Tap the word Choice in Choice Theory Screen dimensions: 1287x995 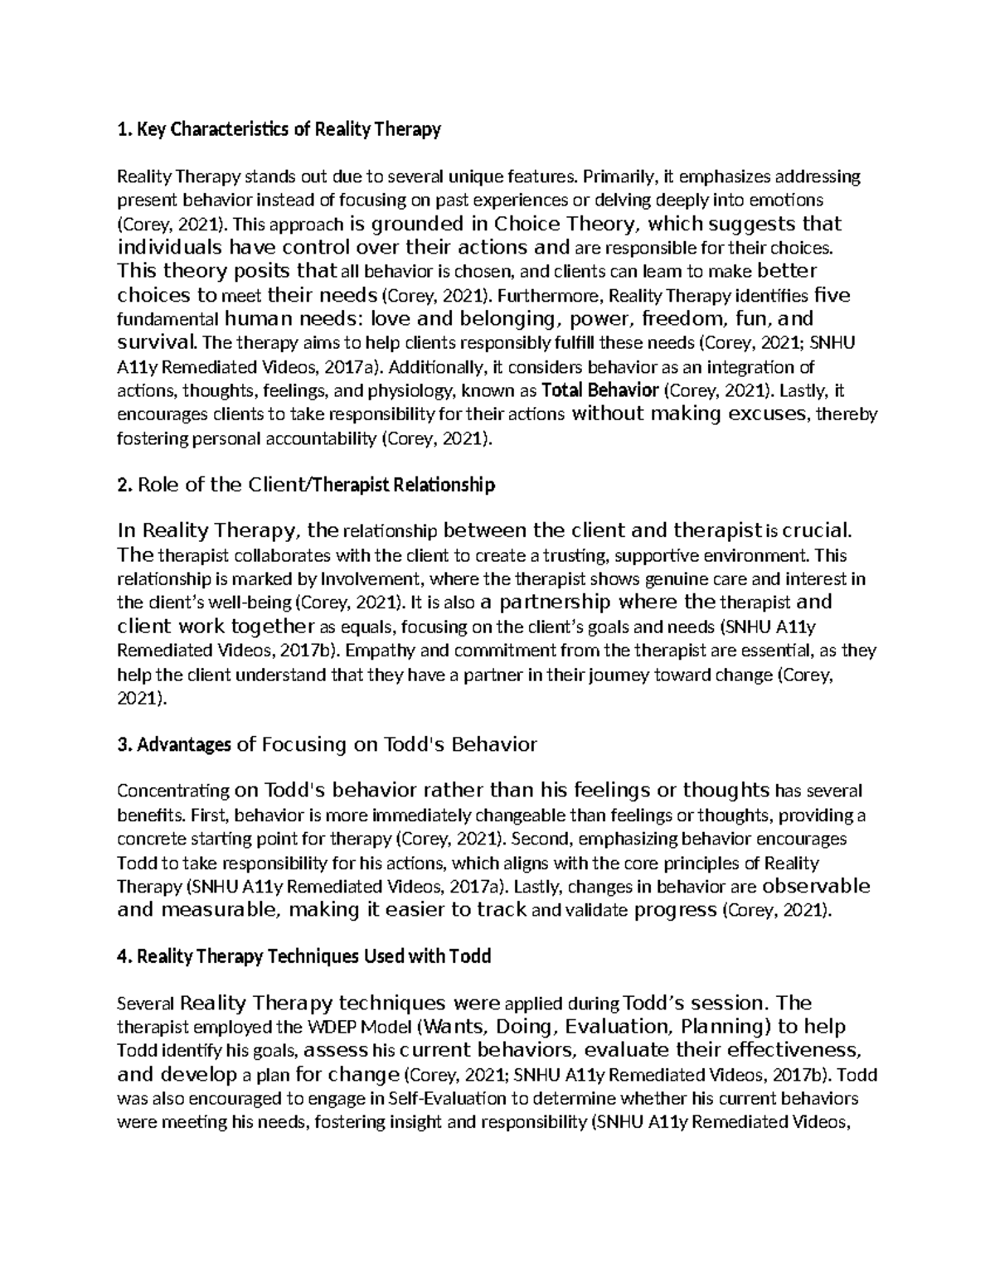tap(527, 224)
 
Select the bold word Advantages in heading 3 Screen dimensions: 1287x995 tap(183, 745)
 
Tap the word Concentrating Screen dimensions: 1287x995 tap(173, 791)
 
